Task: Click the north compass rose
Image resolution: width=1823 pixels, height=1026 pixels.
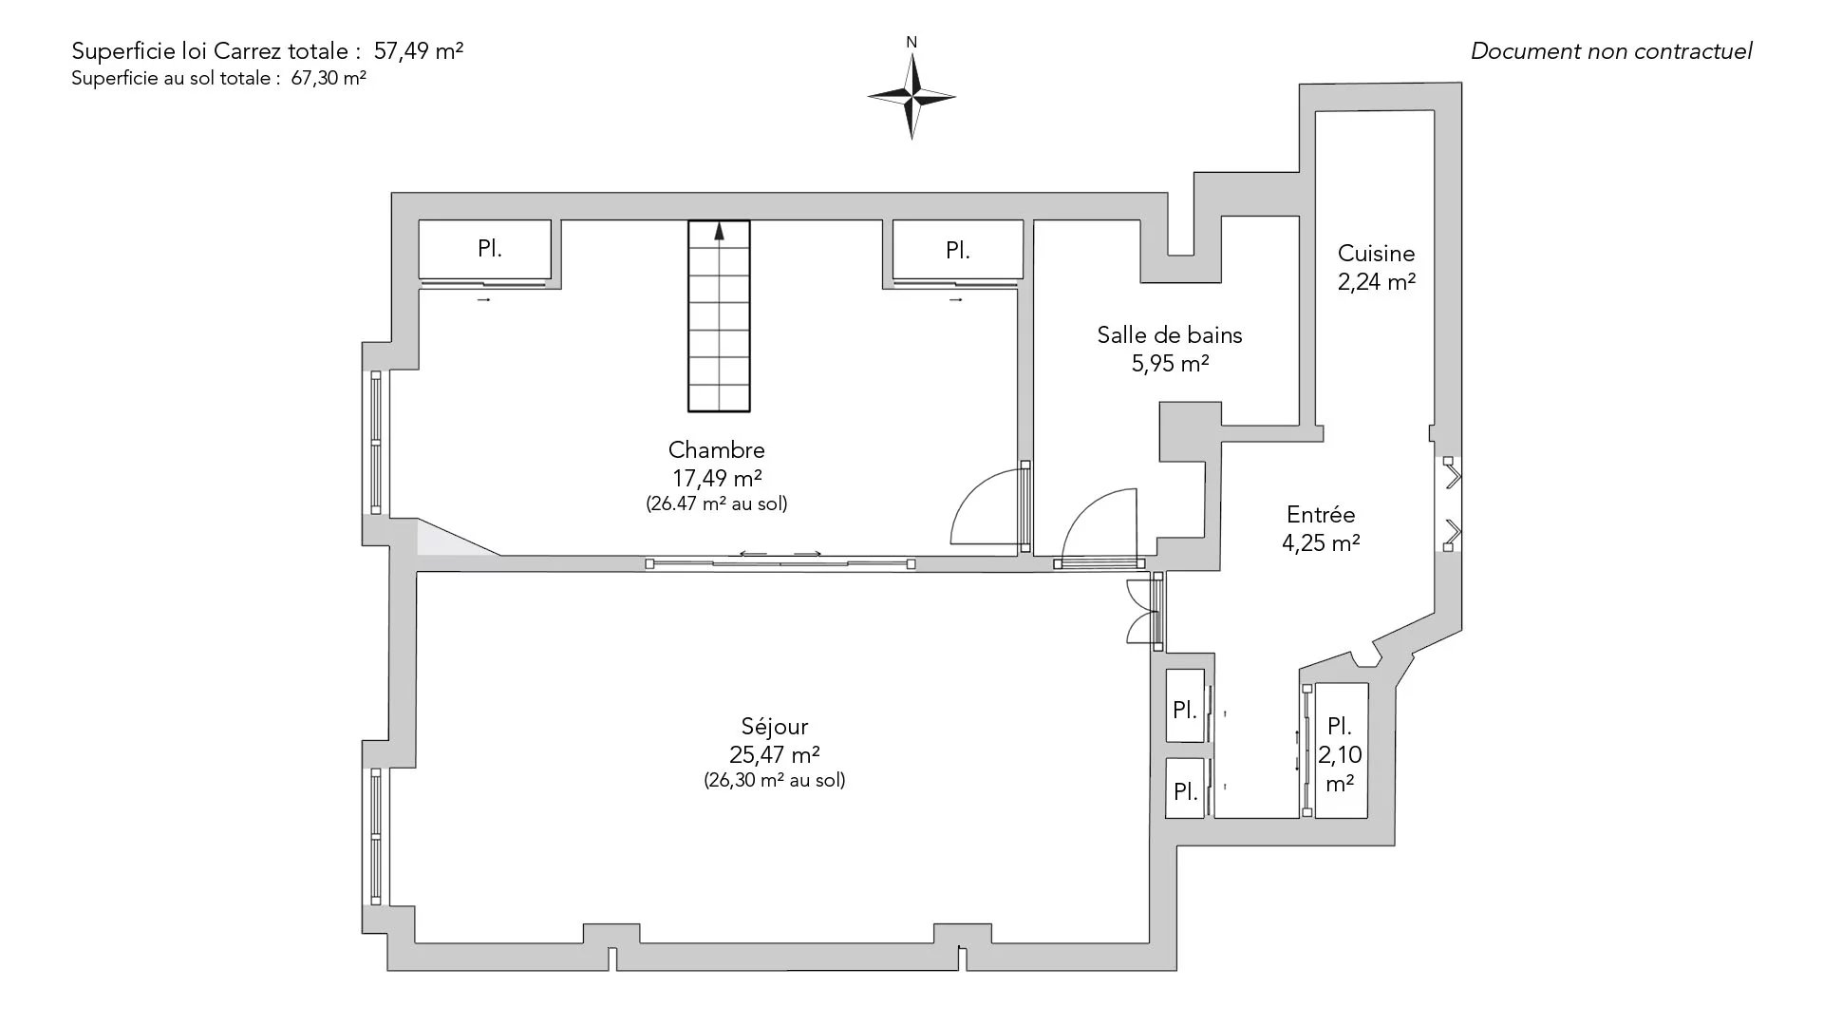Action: pyautogui.click(x=911, y=96)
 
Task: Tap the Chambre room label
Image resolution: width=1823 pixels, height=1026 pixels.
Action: pyautogui.click(x=717, y=449)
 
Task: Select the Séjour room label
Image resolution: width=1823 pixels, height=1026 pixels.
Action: pyautogui.click(x=775, y=727)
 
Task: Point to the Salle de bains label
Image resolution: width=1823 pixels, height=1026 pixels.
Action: pyautogui.click(x=1170, y=334)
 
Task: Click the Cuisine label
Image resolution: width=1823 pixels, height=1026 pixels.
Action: pyautogui.click(x=1377, y=254)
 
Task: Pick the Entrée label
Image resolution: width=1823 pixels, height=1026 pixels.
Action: pyautogui.click(x=1321, y=515)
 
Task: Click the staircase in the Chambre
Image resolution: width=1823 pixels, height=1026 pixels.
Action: pyautogui.click(x=719, y=316)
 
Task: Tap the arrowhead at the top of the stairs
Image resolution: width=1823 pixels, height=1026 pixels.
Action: pyautogui.click(x=719, y=229)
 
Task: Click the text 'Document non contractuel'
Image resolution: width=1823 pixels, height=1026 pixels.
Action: pyautogui.click(x=1611, y=51)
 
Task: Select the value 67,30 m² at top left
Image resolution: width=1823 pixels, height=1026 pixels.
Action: pyautogui.click(x=329, y=79)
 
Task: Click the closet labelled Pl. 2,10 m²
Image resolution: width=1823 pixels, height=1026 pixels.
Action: pyautogui.click(x=1341, y=750)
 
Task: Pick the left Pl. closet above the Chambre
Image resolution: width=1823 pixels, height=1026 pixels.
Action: pyautogui.click(x=485, y=250)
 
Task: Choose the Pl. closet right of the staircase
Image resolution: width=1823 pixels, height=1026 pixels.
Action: pyautogui.click(x=958, y=250)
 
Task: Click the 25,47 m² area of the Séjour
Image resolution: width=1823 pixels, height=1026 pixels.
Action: pyautogui.click(x=775, y=754)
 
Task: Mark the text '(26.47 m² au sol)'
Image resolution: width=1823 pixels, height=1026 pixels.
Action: pyautogui.click(x=717, y=503)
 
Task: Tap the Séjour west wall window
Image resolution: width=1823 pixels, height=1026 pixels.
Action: pyautogui.click(x=376, y=836)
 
